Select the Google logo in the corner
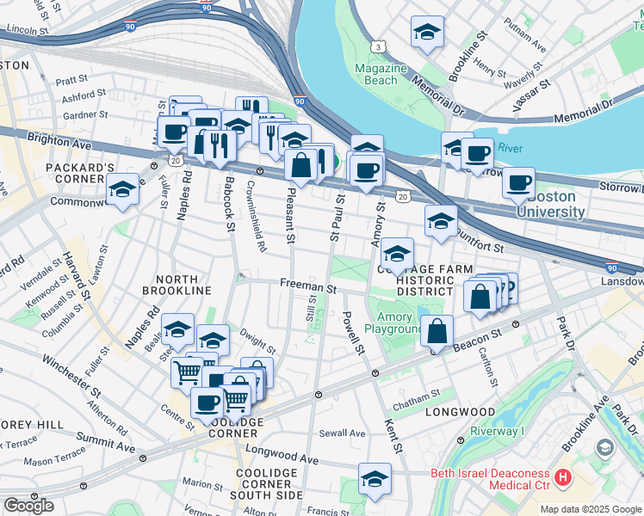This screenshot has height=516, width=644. tap(28, 506)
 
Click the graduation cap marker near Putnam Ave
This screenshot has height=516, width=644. tap(425, 33)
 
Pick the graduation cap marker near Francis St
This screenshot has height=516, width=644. tap(375, 480)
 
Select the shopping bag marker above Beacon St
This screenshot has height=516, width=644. tap(438, 330)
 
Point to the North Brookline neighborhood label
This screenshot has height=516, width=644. tap(183, 285)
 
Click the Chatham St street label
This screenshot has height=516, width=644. tap(417, 393)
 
